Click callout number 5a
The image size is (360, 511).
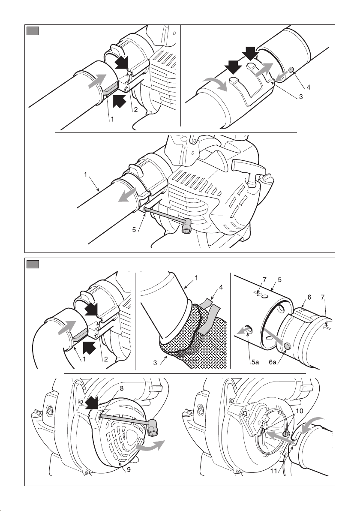(x=255, y=362)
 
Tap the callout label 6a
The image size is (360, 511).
(x=273, y=362)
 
